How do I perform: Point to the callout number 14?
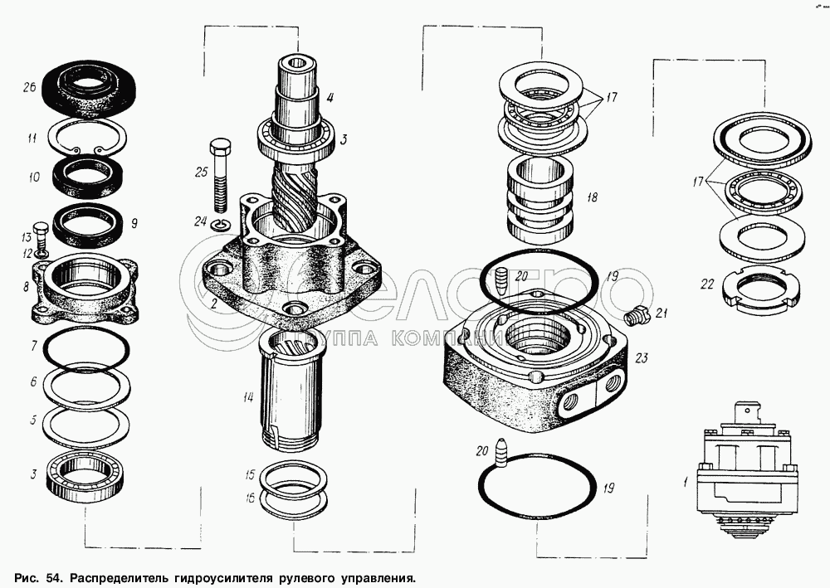[247, 396]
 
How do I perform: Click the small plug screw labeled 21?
[634, 315]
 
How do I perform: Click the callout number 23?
[641, 357]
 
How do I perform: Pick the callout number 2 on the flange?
[214, 304]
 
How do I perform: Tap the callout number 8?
[27, 287]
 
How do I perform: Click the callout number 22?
[706, 284]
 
